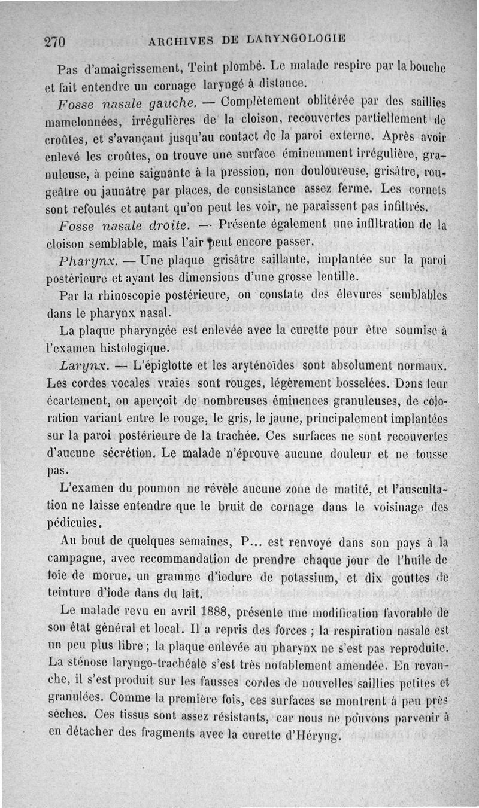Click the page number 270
pyautogui.click(x=54, y=41)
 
